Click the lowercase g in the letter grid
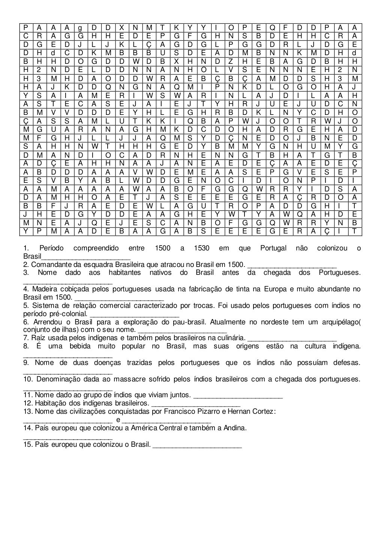pos(79,27)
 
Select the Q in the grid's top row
pos(273,27)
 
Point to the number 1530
pos(202,249)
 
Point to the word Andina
pos(235,428)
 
